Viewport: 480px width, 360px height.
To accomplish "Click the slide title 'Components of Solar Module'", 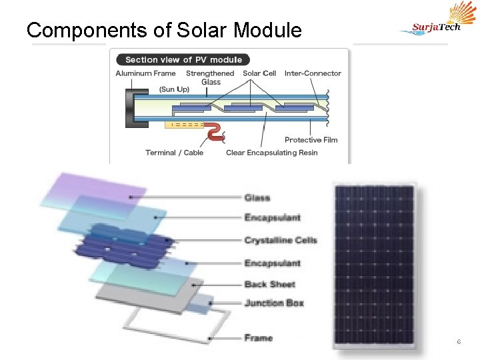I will (x=163, y=30).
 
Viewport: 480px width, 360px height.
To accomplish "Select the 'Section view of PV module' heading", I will (x=183, y=60).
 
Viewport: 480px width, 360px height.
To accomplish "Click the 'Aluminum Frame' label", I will (x=145, y=73).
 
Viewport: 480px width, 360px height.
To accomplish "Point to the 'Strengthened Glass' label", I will (x=210, y=77).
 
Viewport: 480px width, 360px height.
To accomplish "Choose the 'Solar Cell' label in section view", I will (x=259, y=73).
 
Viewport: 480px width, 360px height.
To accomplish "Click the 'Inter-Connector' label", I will (x=313, y=73).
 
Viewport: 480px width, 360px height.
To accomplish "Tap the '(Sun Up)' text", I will (x=174, y=89).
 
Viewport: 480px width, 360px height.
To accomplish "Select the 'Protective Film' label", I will (x=311, y=140).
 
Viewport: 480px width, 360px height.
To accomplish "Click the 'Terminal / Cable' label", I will (x=174, y=153).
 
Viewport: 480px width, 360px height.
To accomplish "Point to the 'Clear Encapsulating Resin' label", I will (x=271, y=153).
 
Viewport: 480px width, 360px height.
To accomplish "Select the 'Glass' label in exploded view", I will (x=257, y=198).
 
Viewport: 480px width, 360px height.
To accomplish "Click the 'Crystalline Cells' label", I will (x=280, y=240).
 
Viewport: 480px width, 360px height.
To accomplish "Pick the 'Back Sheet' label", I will (x=269, y=284).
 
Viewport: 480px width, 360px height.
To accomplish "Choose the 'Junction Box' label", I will (x=274, y=303).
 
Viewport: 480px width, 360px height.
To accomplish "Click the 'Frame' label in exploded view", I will (x=259, y=338).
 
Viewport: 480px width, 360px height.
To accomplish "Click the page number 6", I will (x=459, y=342).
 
